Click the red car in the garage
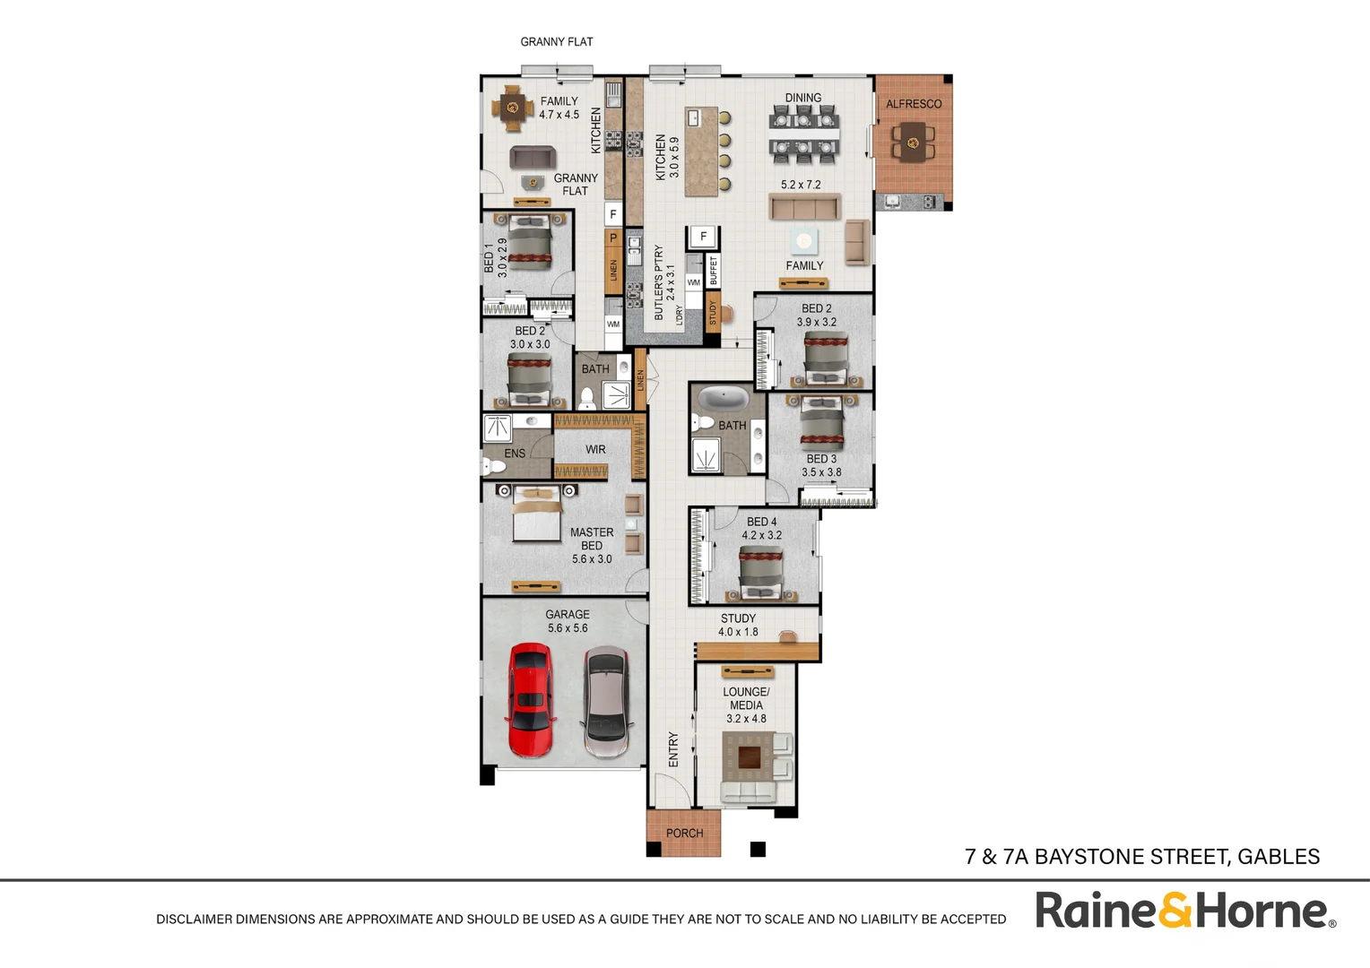[530, 699]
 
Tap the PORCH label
[684, 834]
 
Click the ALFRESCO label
[914, 104]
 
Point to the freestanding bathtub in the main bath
[723, 398]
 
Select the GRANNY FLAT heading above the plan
[556, 42]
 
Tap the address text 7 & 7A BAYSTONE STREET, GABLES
[1141, 857]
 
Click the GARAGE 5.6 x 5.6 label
[568, 621]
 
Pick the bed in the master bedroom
[537, 519]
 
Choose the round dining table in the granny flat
[513, 108]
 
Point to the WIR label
[595, 450]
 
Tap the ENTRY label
[673, 749]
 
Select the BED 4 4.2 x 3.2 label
[761, 528]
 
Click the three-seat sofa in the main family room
[803, 207]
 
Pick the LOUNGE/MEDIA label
[746, 704]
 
